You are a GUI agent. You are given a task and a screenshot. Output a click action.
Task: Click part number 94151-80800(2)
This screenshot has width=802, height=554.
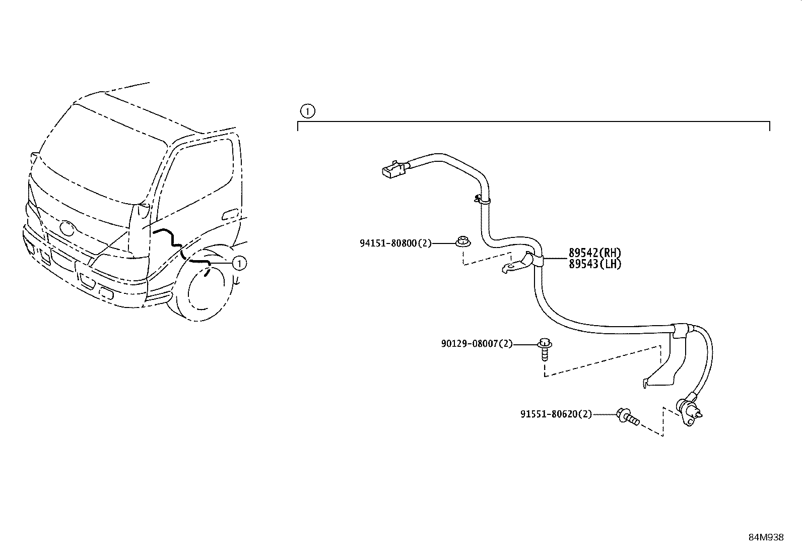[396, 243]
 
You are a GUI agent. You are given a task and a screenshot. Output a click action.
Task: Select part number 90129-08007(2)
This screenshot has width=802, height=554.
[477, 344]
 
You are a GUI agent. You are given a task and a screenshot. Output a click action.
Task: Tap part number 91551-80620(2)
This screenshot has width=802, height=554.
[556, 414]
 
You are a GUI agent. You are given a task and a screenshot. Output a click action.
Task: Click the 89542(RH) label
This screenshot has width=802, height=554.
[594, 253]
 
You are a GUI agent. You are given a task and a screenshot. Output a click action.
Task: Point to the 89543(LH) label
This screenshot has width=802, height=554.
[594, 264]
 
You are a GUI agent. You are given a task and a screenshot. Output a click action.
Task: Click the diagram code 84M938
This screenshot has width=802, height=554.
[766, 537]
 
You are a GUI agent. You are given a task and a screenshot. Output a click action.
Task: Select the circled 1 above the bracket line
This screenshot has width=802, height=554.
[307, 110]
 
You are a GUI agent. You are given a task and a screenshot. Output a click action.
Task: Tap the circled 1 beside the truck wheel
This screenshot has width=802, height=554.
[239, 263]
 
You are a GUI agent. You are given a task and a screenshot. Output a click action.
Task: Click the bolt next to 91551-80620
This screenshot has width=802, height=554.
[627, 416]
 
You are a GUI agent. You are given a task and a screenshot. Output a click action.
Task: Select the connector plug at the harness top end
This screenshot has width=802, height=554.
[393, 169]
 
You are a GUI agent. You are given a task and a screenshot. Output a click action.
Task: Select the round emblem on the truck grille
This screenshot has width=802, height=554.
[66, 227]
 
